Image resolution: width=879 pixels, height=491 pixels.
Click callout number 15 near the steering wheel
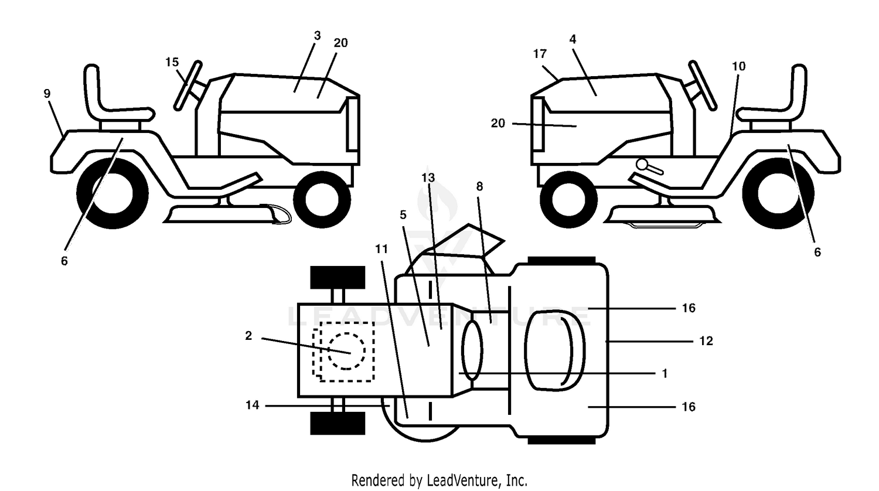tap(172, 62)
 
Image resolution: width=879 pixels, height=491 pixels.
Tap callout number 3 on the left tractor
tap(318, 35)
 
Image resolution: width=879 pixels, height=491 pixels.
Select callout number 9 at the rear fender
tap(47, 93)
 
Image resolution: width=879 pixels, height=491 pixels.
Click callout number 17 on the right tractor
tap(540, 54)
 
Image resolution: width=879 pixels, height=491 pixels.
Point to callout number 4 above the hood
tap(573, 39)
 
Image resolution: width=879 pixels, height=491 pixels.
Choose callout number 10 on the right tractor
tap(739, 66)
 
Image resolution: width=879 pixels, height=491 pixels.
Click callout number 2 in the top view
tap(248, 336)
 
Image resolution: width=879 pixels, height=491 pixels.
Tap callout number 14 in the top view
tap(253, 405)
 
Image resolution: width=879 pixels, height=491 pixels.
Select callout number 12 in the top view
tap(706, 340)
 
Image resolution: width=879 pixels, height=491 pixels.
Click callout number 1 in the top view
tap(665, 373)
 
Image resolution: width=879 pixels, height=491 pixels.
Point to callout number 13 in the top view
tap(428, 178)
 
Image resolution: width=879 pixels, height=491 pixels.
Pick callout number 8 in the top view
tap(479, 186)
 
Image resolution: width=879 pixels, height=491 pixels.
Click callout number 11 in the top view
tap(381, 249)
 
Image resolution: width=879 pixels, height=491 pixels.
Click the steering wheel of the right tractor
tap(703, 86)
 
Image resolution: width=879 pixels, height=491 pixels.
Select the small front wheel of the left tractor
tap(322, 199)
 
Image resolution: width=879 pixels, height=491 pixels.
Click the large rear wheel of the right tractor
tap(778, 193)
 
